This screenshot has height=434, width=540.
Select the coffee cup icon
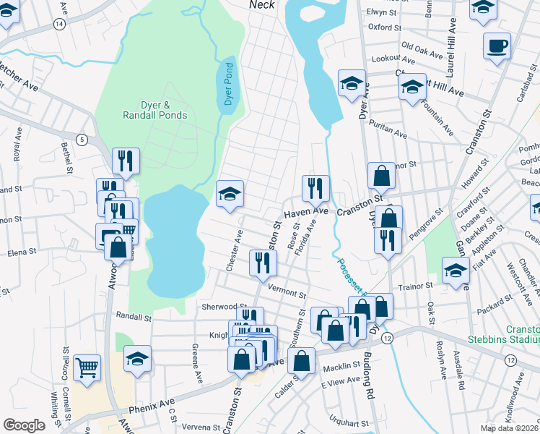(497, 47)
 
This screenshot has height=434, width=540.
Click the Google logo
(23, 425)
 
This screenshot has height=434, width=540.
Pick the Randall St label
(134, 317)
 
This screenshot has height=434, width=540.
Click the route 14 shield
(59, 24)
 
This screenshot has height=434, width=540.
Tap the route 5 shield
(83, 139)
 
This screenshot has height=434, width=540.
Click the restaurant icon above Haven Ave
(315, 188)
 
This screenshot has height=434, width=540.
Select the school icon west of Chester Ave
(230, 194)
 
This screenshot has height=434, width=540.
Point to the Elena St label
(22, 252)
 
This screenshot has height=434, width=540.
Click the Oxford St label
(384, 27)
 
